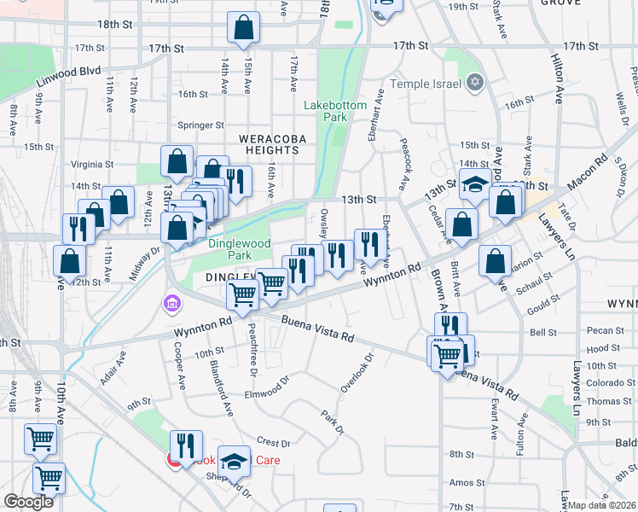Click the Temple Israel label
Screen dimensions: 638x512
pyautogui.click(x=425, y=84)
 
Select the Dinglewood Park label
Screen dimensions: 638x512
pyautogui.click(x=240, y=249)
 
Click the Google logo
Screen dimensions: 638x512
pyautogui.click(x=28, y=502)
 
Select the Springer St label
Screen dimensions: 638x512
pyautogui.click(x=200, y=125)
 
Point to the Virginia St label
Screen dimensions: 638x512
pyautogui.click(x=92, y=165)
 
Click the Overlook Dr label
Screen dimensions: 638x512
pyautogui.click(x=357, y=374)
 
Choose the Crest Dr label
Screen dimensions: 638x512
pyautogui.click(x=274, y=444)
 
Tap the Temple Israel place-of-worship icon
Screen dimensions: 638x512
pyautogui.click(x=475, y=84)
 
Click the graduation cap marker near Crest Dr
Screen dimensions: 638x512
pyautogui.click(x=234, y=462)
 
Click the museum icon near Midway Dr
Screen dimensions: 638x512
pyautogui.click(x=171, y=303)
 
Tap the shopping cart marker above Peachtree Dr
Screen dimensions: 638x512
pyautogui.click(x=243, y=295)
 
